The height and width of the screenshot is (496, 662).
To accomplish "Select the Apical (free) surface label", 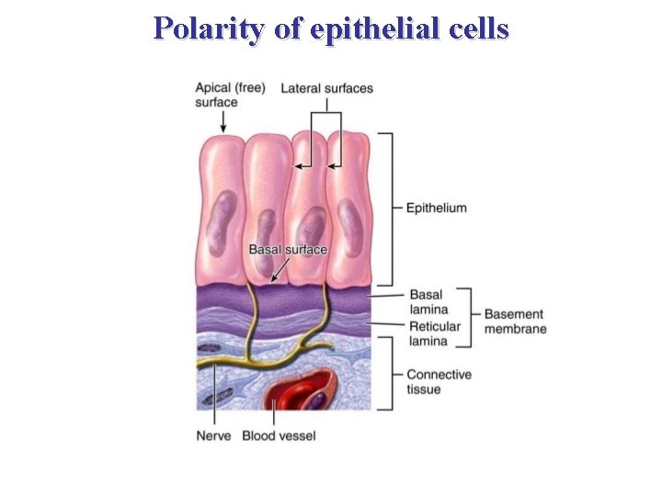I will tap(230, 95).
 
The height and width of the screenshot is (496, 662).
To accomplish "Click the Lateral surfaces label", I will tap(326, 88).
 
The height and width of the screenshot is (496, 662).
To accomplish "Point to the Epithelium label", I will tap(436, 208).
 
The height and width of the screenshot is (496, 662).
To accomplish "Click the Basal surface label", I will tap(288, 249).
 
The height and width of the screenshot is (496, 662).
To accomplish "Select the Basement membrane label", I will tap(515, 321).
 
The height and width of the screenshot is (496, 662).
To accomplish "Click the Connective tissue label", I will tap(439, 381).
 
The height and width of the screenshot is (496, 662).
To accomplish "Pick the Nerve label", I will tap(213, 434).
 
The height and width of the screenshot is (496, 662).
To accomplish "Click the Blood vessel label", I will tap(279, 434).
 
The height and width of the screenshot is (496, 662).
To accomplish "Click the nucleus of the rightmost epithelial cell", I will tap(350, 221).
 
